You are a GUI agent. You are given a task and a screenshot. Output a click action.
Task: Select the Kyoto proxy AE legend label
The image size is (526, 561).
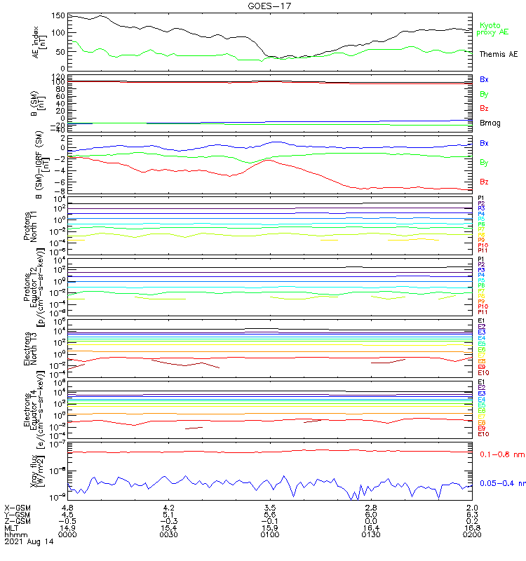click(492, 29)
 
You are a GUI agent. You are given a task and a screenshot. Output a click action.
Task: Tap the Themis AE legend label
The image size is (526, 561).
click(498, 54)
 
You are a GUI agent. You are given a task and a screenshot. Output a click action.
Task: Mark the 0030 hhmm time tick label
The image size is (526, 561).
click(168, 534)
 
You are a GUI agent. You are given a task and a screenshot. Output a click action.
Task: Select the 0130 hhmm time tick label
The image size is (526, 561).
click(371, 534)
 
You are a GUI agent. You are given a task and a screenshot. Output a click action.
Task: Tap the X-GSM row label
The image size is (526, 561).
click(18, 507)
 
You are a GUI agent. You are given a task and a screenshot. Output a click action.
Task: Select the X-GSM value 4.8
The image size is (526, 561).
click(68, 507)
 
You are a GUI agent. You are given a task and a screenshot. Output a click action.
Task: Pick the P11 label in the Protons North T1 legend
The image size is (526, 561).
click(483, 250)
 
